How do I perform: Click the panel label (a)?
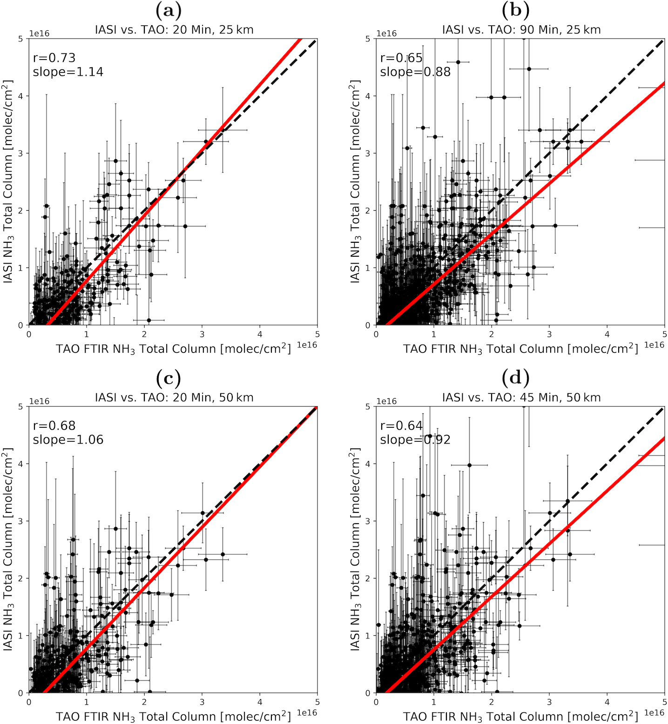pyautogui.click(x=169, y=10)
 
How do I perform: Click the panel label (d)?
pyautogui.click(x=515, y=378)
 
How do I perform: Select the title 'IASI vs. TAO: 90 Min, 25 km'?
pyautogui.click(x=521, y=30)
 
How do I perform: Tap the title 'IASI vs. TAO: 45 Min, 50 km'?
pyautogui.click(x=521, y=398)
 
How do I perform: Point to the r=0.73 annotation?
pyautogui.click(x=54, y=58)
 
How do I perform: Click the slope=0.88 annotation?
pyautogui.click(x=415, y=72)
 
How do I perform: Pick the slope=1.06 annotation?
pyautogui.click(x=68, y=440)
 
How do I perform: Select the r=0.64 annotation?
pyautogui.click(x=401, y=425)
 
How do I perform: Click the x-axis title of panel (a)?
pyautogui.click(x=173, y=349)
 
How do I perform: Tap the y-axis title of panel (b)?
pyautogui.click(x=355, y=181)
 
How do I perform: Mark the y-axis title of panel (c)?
pyautogui.click(x=8, y=549)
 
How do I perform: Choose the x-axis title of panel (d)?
pyautogui.click(x=520, y=717)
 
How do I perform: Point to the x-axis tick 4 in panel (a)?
pyautogui.click(x=260, y=334)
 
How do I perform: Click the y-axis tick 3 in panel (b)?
pyautogui.click(x=367, y=153)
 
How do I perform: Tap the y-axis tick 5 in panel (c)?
pyautogui.click(x=20, y=406)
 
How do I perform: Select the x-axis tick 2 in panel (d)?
pyautogui.click(x=492, y=702)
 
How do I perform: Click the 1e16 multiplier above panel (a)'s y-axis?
pyautogui.click(x=39, y=33)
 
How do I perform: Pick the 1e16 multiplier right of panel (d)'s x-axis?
pyautogui.click(x=654, y=713)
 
